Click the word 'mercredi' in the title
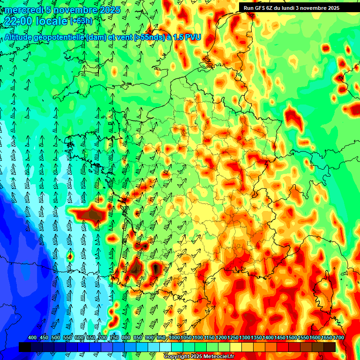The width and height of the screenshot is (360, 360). [21, 10]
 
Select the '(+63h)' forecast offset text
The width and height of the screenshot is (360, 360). [81, 21]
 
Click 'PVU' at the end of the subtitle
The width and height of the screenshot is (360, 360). [193, 37]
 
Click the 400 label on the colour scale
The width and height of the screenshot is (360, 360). [32, 338]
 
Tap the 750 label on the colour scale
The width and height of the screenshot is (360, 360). [114, 338]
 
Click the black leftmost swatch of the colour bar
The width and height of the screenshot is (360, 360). [25, 347]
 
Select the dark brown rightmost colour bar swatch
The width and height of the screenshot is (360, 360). [330, 347]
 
